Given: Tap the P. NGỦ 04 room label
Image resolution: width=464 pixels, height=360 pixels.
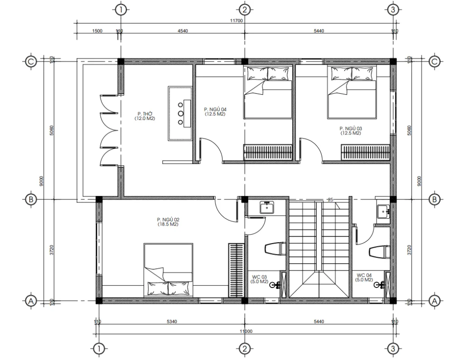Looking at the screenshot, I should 214,112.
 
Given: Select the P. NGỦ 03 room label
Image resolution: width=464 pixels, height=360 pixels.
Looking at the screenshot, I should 351,131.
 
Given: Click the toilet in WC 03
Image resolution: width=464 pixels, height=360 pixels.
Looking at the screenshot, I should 274,249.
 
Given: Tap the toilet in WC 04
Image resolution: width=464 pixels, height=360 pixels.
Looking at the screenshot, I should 379,252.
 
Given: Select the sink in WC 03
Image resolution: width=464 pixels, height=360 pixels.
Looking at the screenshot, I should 266,208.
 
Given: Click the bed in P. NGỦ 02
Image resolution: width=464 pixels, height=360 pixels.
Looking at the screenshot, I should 169,269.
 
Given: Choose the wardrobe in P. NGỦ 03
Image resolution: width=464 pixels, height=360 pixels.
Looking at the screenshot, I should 365,152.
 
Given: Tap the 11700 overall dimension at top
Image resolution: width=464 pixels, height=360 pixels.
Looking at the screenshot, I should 237,21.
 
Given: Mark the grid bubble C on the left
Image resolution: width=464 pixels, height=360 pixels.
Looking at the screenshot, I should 31,61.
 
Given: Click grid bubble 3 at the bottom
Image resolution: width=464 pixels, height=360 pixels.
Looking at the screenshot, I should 393,349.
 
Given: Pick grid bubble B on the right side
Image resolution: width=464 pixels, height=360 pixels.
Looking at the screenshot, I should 434,199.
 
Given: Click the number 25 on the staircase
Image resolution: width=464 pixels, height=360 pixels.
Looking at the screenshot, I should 330,200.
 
